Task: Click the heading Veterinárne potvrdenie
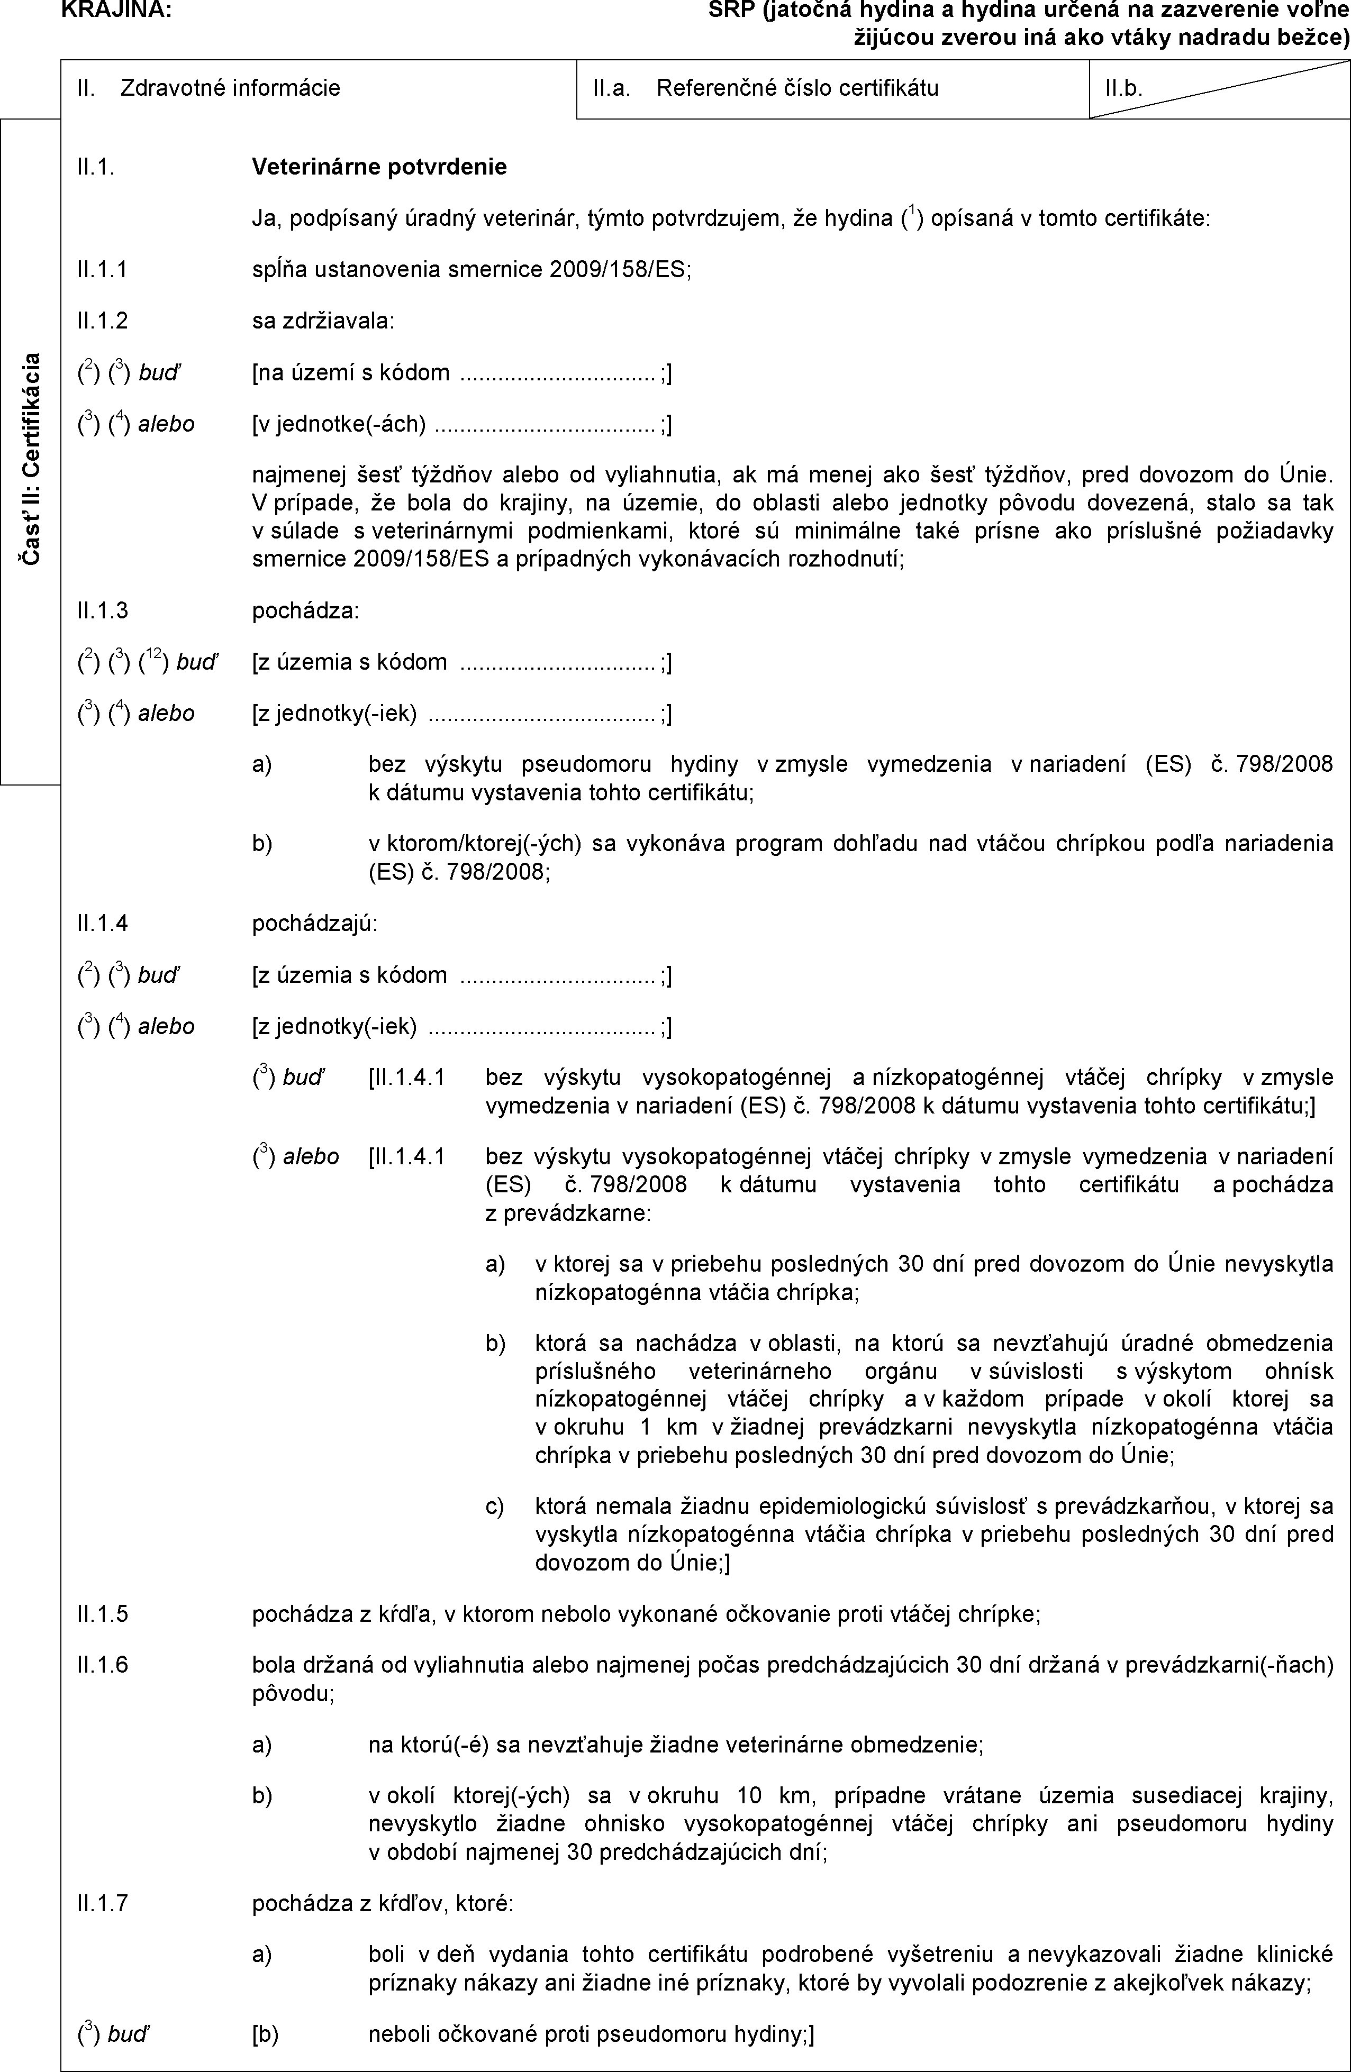(379, 166)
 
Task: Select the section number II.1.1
(102, 270)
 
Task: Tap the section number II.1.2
(102, 321)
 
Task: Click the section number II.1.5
(102, 1615)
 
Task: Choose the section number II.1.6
(102, 1665)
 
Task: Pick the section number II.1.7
(102, 1903)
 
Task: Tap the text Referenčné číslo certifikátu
(797, 88)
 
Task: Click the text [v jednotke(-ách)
(339, 425)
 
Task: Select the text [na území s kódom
(351, 373)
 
